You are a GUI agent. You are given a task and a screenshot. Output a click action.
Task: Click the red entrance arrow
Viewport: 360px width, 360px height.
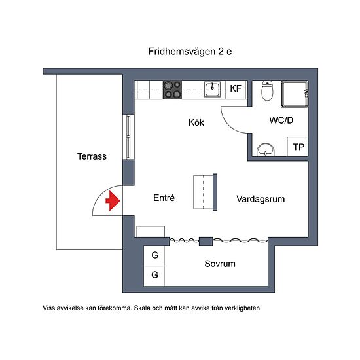pyautogui.click(x=113, y=201)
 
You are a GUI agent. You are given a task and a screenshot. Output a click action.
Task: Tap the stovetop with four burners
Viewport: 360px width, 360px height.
pyautogui.click(x=172, y=90)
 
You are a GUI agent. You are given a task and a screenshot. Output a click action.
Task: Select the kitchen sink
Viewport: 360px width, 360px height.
pyautogui.click(x=212, y=89)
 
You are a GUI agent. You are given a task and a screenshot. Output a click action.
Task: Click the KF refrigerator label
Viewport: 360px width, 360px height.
pyautogui.click(x=236, y=88)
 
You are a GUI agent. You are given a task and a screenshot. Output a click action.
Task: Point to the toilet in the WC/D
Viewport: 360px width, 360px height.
pyautogui.click(x=267, y=90)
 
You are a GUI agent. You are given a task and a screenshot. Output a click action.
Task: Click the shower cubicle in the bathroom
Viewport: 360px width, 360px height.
pyautogui.click(x=295, y=94)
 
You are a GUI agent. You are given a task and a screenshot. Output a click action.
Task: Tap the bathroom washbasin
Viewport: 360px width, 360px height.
pyautogui.click(x=266, y=150)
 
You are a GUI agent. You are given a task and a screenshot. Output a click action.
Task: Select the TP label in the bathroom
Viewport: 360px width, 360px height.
pyautogui.click(x=298, y=147)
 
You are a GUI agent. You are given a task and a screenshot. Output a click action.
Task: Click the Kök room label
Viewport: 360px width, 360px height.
pyautogui.click(x=196, y=122)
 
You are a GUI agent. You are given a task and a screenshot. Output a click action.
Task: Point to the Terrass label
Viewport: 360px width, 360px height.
pyautogui.click(x=92, y=156)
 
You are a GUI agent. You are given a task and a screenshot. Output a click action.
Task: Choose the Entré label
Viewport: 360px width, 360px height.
pyautogui.click(x=164, y=198)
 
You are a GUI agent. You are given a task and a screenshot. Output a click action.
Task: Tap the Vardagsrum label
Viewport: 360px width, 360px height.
pyautogui.click(x=261, y=199)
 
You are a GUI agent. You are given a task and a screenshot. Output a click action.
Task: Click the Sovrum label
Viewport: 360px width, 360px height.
pyautogui.click(x=220, y=264)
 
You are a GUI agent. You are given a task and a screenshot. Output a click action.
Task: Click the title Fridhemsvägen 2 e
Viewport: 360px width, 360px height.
pyautogui.click(x=190, y=52)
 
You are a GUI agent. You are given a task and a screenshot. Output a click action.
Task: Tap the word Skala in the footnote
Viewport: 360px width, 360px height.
pyautogui.click(x=142, y=308)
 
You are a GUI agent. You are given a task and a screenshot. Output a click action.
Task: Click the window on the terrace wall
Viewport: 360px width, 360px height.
pyautogui.click(x=128, y=137)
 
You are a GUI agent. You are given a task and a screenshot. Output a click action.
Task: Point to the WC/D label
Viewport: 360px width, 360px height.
pyautogui.click(x=281, y=120)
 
